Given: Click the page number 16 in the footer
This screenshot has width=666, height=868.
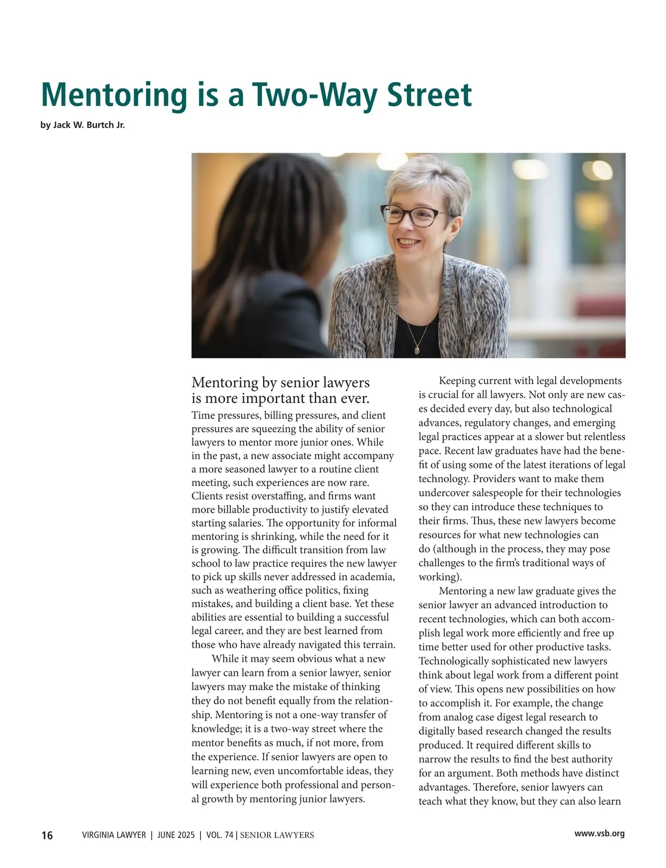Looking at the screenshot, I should click(x=47, y=835).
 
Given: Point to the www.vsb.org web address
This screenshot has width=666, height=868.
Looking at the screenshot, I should click(x=599, y=834).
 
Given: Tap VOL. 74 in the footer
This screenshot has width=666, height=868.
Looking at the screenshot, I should click(x=220, y=835).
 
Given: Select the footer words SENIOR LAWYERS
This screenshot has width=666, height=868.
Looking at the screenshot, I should click(x=277, y=835).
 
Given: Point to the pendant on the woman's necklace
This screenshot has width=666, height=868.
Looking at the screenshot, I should click(x=417, y=350).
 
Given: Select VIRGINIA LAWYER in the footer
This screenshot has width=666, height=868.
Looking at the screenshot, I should click(x=114, y=835).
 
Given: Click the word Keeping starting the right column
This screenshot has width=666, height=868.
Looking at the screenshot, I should click(x=458, y=381).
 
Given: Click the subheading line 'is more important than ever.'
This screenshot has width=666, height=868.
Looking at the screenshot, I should click(x=280, y=398).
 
